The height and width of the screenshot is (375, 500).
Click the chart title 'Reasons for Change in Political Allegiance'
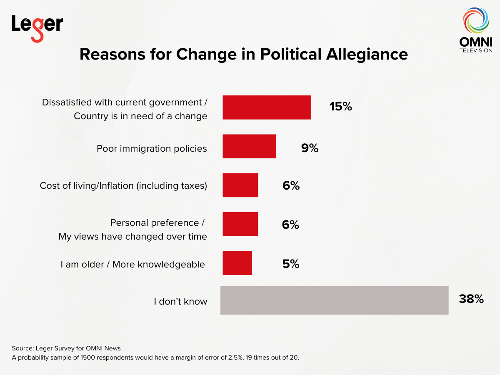tap(244, 55)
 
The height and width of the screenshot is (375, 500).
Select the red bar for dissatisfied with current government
tap(267, 107)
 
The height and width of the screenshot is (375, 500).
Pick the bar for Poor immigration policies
tap(249, 146)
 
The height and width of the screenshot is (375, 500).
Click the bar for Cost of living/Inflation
tap(240, 185)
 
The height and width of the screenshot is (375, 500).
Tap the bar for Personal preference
tap(240, 224)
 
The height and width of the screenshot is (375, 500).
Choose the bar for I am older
tap(237, 263)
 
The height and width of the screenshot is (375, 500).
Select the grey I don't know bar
tap(334, 300)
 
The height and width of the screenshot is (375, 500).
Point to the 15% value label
tap(340, 107)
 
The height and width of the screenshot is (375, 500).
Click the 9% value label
tap(310, 147)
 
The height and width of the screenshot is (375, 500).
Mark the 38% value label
tap(471, 299)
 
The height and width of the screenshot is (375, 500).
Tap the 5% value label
tap(291, 264)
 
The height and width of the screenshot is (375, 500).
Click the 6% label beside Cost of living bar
tap(291, 186)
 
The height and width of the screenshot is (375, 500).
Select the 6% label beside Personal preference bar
tap(291, 225)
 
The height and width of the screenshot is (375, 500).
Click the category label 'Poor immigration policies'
tap(152, 148)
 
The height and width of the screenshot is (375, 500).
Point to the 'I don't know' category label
tap(180, 301)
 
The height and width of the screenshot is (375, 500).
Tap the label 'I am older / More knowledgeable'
tap(132, 264)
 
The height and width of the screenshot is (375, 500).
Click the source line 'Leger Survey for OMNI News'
tap(66, 348)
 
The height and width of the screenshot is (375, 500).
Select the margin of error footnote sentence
tap(155, 358)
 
